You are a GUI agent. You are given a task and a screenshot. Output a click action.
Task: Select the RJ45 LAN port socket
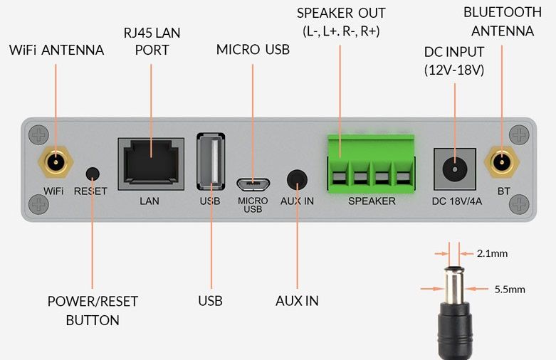[x=150, y=164]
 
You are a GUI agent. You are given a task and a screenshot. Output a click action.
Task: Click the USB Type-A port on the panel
[x=211, y=162]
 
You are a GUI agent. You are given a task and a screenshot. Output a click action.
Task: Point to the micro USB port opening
[x=253, y=184]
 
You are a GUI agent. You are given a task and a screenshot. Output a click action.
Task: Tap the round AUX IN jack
[x=297, y=179]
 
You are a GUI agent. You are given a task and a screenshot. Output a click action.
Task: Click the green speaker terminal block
[x=369, y=162]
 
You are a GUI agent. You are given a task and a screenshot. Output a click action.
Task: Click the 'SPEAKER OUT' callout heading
[x=341, y=14]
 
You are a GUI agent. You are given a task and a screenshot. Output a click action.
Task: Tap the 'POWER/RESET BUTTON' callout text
[x=93, y=311]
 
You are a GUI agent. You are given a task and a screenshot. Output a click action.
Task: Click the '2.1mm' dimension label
[x=493, y=253]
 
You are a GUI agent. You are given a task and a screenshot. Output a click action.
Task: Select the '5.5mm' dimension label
[x=510, y=289]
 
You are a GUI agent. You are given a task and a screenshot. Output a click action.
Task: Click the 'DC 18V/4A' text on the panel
[x=456, y=201]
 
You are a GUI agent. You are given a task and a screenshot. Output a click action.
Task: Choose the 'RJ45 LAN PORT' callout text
[x=152, y=41]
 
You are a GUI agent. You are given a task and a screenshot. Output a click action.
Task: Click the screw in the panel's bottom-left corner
[x=37, y=204]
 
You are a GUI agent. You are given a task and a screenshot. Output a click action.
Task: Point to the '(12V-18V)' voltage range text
[x=453, y=70]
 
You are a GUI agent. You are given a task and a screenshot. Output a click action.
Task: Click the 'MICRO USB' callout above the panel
[x=253, y=49]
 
